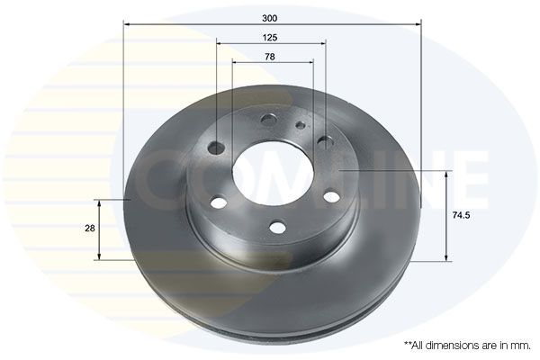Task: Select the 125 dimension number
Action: click(x=270, y=37)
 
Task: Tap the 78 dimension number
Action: click(x=270, y=57)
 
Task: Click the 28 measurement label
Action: click(x=89, y=229)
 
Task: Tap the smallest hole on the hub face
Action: click(x=301, y=126)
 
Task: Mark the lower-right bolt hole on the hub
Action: click(x=332, y=196)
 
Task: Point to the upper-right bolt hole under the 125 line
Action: click(x=325, y=140)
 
